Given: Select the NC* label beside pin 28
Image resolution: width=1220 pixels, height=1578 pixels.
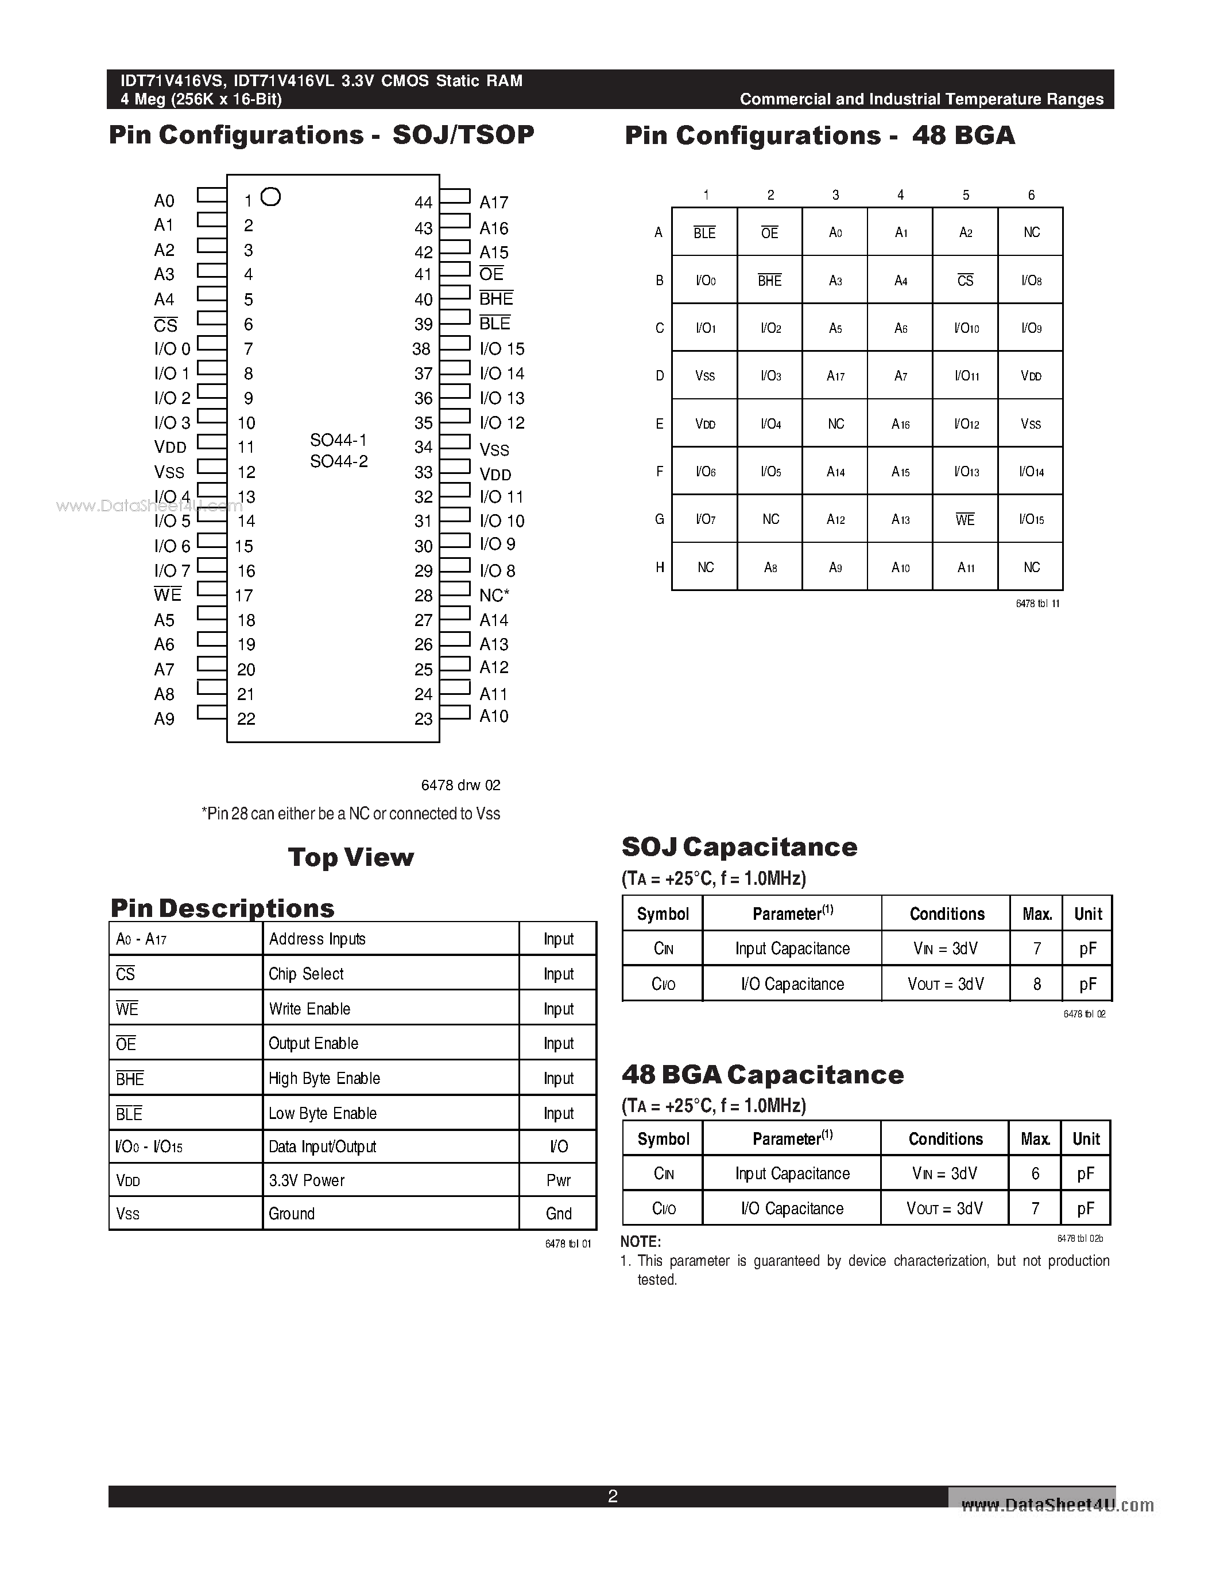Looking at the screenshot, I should [x=494, y=596].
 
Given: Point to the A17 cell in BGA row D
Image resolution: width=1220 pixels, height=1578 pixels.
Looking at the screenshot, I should [x=835, y=376].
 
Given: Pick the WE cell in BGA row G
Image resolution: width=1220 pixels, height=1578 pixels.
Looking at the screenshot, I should [x=965, y=519].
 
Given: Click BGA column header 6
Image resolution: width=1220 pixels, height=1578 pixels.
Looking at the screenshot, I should [x=1031, y=195].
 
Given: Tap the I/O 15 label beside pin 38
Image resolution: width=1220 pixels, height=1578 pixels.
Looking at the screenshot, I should [x=502, y=349].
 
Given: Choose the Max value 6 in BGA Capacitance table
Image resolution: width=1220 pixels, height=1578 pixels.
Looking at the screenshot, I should [x=1035, y=1173].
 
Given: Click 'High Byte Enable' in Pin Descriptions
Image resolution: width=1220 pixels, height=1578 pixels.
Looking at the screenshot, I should [x=324, y=1078].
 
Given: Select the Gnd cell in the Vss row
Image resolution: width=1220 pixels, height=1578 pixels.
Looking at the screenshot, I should [x=559, y=1213].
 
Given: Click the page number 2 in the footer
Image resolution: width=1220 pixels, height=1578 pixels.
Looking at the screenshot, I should [x=612, y=1495].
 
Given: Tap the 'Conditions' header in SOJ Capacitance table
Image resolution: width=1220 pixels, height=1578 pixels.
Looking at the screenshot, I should [x=947, y=914].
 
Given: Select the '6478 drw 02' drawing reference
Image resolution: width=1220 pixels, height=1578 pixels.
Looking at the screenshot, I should [x=460, y=786].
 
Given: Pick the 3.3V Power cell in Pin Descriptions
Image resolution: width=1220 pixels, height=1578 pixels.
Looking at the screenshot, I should [x=307, y=1180].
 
